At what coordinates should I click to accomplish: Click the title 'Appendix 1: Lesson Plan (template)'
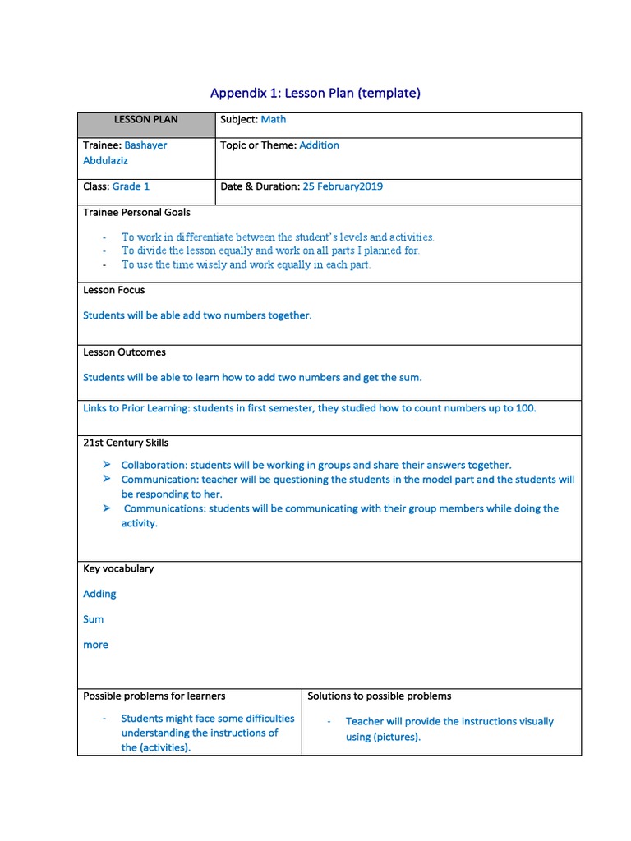point(315,93)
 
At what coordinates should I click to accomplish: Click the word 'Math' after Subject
point(274,120)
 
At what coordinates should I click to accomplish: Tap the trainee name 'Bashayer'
point(145,145)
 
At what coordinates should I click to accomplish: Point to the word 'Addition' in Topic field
point(319,145)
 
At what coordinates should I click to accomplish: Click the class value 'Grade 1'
point(131,186)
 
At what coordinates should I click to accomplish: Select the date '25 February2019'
point(343,186)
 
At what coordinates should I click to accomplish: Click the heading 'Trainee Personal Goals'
point(136,212)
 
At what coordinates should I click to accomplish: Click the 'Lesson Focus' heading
point(114,290)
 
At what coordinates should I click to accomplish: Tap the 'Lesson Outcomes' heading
point(124,352)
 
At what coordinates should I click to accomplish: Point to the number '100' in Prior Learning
point(525,408)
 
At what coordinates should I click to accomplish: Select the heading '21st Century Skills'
point(126,443)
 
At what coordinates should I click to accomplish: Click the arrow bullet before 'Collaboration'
point(107,465)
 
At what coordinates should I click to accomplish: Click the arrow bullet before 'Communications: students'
point(107,508)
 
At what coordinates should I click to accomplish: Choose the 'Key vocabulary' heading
point(118,568)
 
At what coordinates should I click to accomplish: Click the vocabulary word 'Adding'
point(99,594)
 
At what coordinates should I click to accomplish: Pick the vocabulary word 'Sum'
point(94,619)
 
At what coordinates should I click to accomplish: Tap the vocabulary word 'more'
point(95,645)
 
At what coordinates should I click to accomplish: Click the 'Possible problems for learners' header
point(154,696)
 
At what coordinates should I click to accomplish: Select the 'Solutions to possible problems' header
point(379,696)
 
